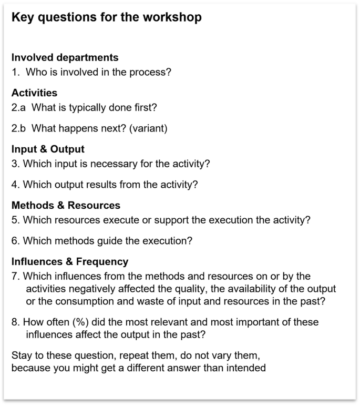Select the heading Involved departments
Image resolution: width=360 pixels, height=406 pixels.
pyautogui.click(x=65, y=57)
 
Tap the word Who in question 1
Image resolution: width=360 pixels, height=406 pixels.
pyautogui.click(x=35, y=72)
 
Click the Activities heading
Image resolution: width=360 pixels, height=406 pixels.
pyautogui.click(x=34, y=93)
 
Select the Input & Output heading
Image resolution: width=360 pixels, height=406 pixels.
pyautogui.click(x=48, y=149)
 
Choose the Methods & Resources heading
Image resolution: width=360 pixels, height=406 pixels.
pyautogui.click(x=66, y=205)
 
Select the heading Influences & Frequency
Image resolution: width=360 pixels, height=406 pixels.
pyautogui.click(x=69, y=261)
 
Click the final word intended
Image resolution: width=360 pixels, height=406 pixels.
pyautogui.click(x=247, y=368)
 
